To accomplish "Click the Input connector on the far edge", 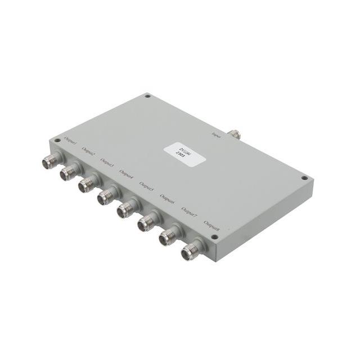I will coord(233,134).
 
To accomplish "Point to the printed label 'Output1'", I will coord(71,139).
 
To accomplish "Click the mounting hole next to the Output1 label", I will coord(56,140).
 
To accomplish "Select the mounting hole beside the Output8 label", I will coord(214,239).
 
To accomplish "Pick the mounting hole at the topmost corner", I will coord(147,96).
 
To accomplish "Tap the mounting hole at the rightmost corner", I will coord(304,178).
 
